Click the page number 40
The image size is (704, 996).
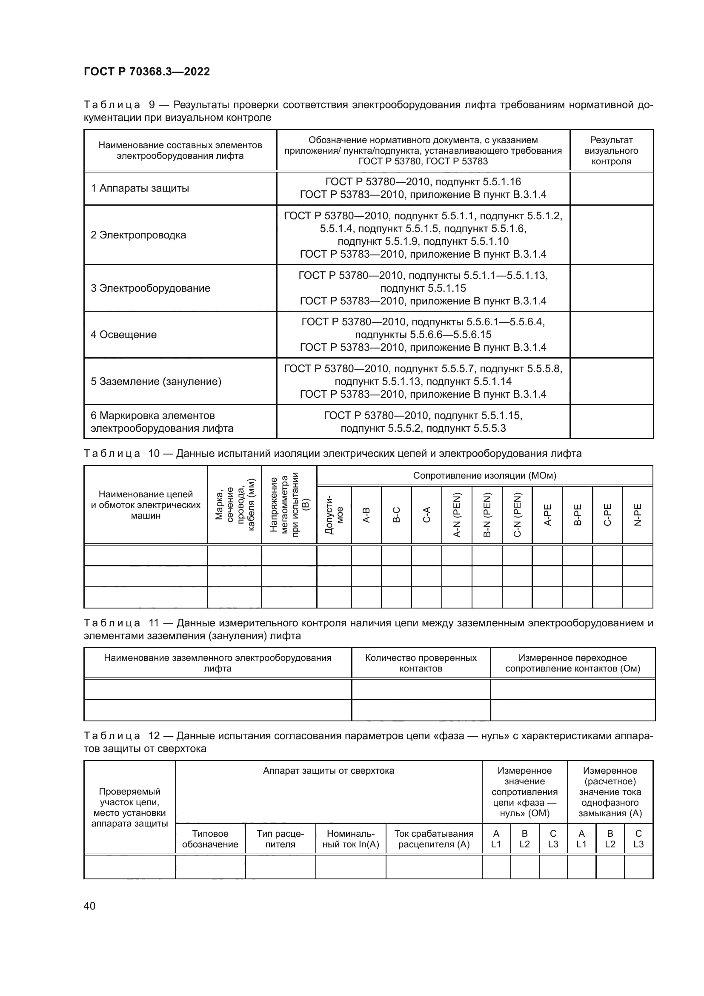pyautogui.click(x=89, y=906)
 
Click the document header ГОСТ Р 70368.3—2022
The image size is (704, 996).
pyautogui.click(x=146, y=72)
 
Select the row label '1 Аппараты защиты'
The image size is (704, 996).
pyautogui.click(x=140, y=188)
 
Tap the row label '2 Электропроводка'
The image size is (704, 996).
pyautogui.click(x=138, y=235)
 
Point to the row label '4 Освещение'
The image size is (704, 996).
pyautogui.click(x=123, y=334)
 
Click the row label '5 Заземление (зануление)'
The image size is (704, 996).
pyautogui.click(x=156, y=382)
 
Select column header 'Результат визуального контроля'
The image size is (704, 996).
pyautogui.click(x=611, y=150)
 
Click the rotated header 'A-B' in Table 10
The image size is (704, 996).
pyautogui.click(x=366, y=515)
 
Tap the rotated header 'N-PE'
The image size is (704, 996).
pyautogui.click(x=638, y=515)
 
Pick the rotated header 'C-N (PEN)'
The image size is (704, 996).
pyautogui.click(x=517, y=515)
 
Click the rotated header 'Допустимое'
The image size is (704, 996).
pyautogui.click(x=334, y=515)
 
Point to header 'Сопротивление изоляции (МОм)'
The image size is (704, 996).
pyautogui.click(x=484, y=476)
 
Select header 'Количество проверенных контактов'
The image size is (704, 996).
pyautogui.click(x=421, y=663)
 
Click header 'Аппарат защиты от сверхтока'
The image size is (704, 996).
pyautogui.click(x=328, y=771)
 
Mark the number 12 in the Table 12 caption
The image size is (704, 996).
pyautogui.click(x=154, y=736)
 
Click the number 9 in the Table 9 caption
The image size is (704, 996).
pyautogui.click(x=151, y=105)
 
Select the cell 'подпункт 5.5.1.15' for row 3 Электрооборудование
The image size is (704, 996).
pyautogui.click(x=423, y=288)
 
